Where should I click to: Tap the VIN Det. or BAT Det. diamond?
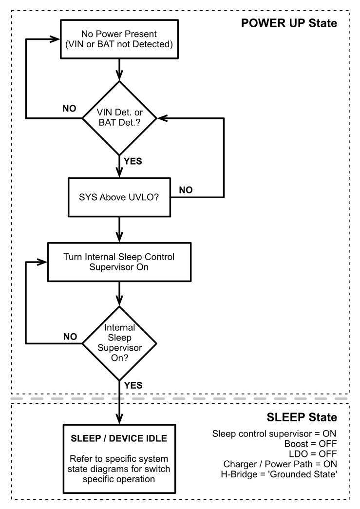(x=119, y=118)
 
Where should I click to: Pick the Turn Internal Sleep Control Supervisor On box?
(x=119, y=262)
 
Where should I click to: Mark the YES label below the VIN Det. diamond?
(x=133, y=161)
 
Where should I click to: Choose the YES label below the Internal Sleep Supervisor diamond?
(x=133, y=385)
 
